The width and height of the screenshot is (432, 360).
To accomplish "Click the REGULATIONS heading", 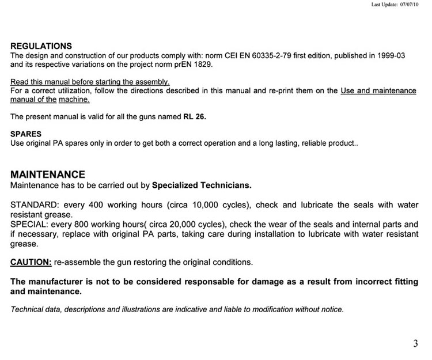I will point(41,46).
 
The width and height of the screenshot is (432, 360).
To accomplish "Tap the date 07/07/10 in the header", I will point(410,4).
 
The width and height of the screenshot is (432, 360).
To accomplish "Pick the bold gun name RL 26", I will point(194,116).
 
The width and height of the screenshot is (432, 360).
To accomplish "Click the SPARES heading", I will point(26,134).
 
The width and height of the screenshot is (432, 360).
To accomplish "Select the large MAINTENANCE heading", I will point(48,175).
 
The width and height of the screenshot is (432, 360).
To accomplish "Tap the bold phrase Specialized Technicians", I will point(202,185).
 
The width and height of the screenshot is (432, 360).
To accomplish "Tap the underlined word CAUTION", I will point(31,262).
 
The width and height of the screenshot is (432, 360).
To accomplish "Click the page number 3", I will point(415,344).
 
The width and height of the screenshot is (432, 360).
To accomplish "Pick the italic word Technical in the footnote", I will point(29,309).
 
